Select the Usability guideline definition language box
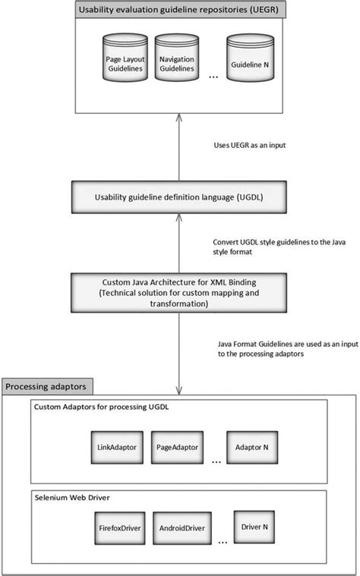179,197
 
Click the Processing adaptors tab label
47,387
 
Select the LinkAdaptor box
117,448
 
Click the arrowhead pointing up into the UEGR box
178,115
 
